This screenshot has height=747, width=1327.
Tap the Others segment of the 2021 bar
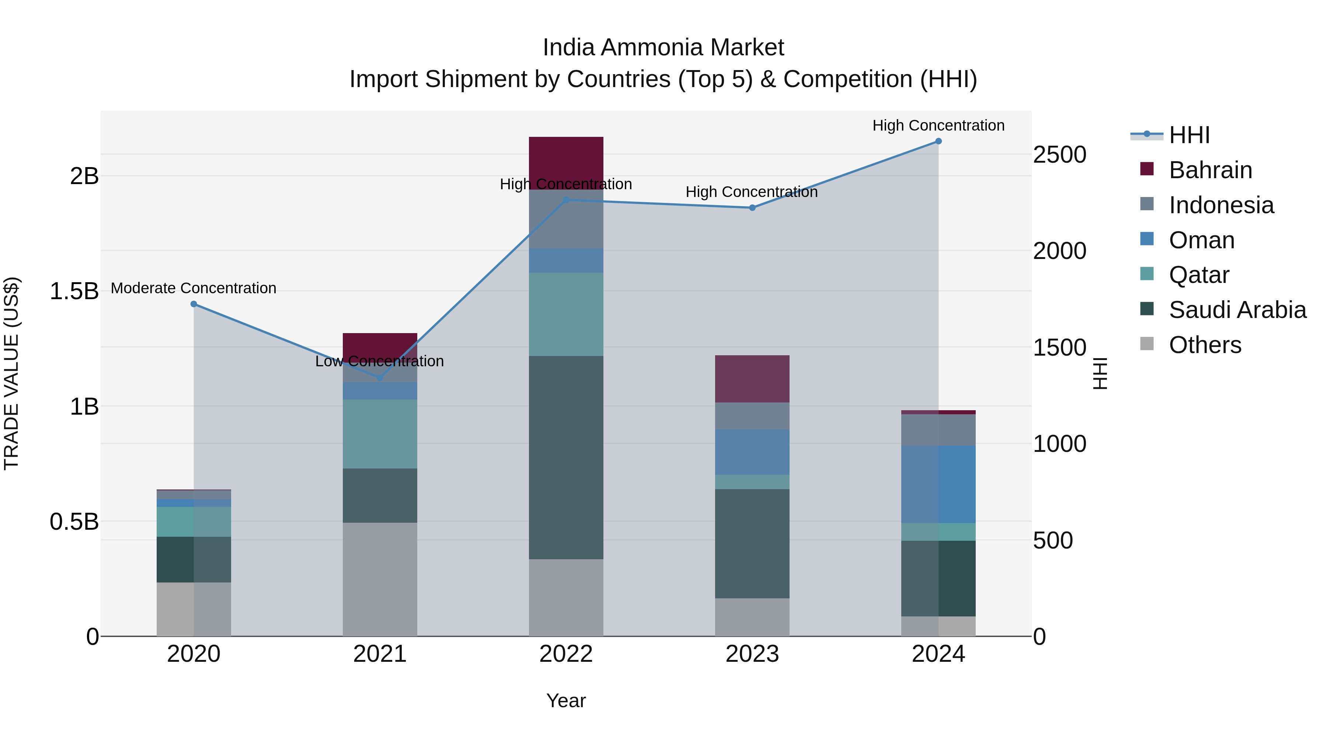(x=380, y=579)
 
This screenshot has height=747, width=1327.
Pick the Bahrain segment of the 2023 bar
(x=752, y=378)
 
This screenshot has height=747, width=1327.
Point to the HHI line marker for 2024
(x=938, y=141)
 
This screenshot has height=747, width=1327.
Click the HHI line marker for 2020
(x=194, y=304)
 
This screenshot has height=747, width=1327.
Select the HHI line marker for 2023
(x=752, y=208)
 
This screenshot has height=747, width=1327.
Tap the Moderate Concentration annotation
(x=194, y=288)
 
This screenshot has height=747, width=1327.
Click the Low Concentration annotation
(x=380, y=362)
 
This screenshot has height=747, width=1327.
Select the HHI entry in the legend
(x=1189, y=135)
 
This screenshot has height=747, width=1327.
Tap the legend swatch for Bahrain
(x=1147, y=169)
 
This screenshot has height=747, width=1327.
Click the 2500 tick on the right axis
(x=1060, y=155)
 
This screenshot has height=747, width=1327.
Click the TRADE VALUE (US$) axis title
(x=11, y=373)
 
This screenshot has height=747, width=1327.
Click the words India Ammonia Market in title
(x=663, y=48)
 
